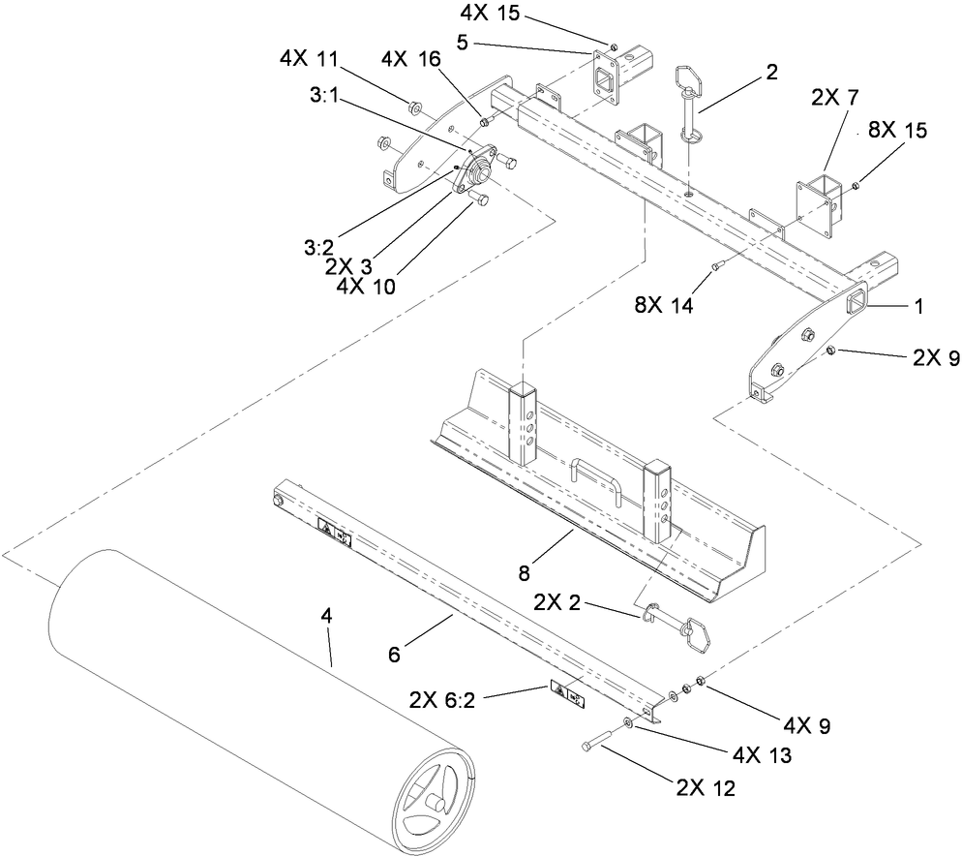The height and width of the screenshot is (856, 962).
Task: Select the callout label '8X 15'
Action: (x=896, y=131)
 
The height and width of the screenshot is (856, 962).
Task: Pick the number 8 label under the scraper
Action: (x=523, y=572)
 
